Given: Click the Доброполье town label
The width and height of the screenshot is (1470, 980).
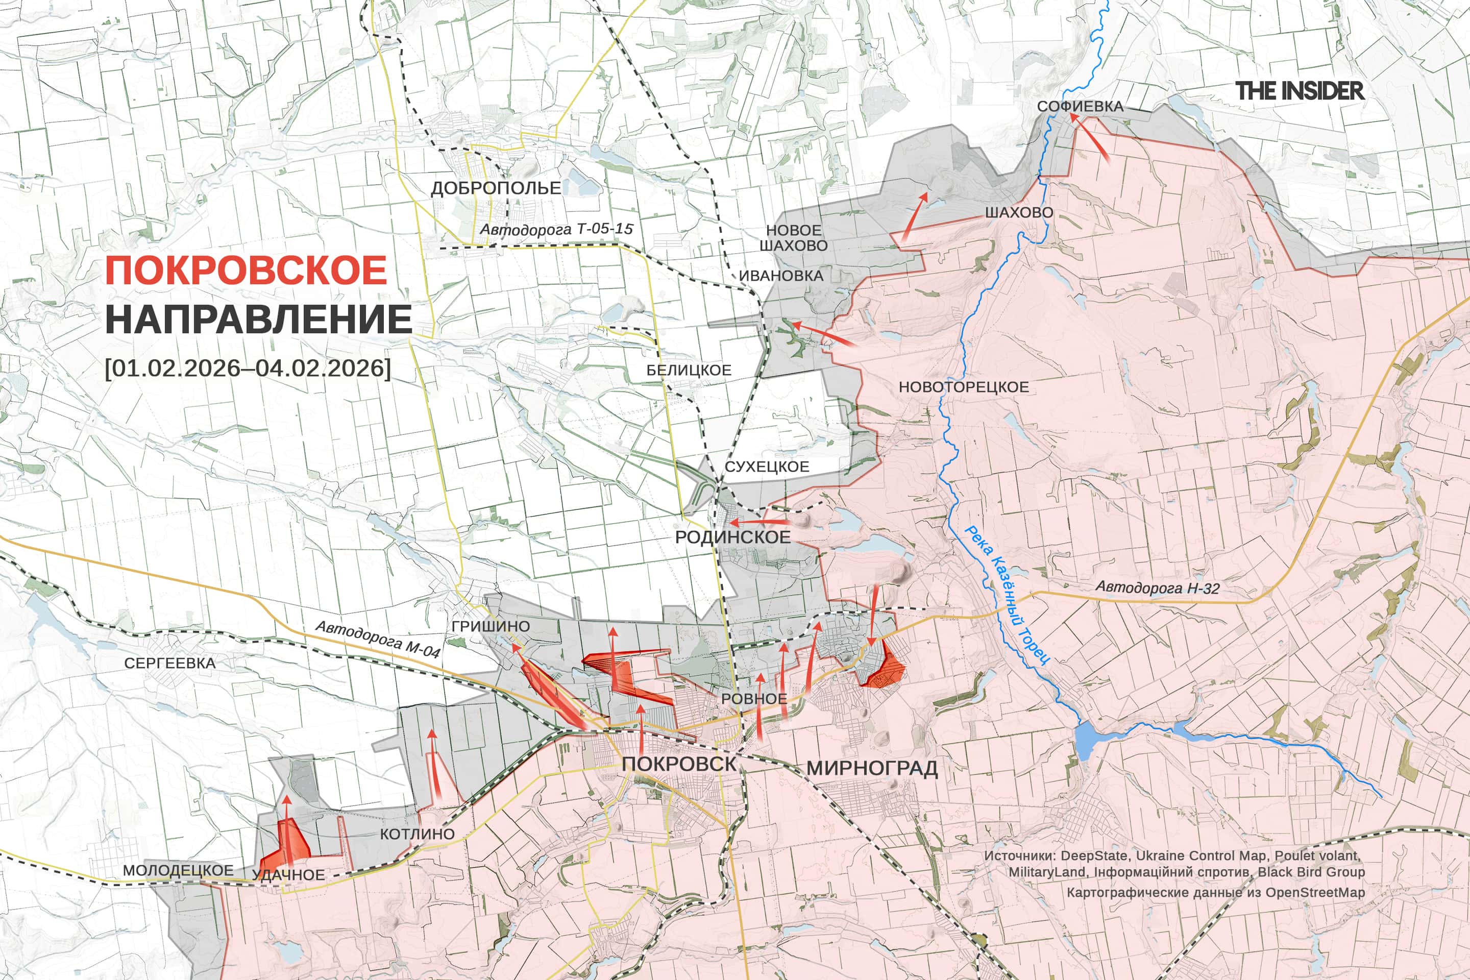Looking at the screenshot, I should [496, 188].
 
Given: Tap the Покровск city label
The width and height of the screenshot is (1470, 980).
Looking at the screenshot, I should [679, 763].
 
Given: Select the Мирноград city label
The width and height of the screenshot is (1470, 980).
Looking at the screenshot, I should [872, 768].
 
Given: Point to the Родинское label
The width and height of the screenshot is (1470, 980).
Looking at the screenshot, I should [732, 537].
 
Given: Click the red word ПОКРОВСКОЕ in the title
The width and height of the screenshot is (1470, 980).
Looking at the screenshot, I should [246, 271].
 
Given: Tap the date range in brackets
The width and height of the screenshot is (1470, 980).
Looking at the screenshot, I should [248, 367].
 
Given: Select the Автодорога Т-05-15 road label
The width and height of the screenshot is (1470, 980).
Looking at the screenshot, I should [556, 229].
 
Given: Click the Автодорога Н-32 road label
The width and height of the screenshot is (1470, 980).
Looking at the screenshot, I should [1157, 587].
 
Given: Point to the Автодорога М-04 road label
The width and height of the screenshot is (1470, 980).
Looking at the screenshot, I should [378, 638].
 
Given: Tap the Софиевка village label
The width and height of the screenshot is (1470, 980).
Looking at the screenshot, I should [1080, 107].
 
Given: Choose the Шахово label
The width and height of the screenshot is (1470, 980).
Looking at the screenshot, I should [1019, 212].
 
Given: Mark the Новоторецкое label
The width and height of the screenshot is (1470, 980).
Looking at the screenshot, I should [963, 387].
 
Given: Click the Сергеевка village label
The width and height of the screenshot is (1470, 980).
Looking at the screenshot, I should [169, 663].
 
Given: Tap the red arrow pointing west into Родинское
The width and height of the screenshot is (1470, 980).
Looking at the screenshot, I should [759, 521].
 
